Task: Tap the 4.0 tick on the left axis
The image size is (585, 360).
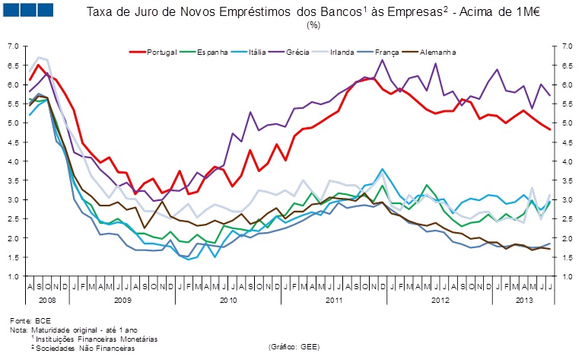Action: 12,161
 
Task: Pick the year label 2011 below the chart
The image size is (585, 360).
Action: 332,301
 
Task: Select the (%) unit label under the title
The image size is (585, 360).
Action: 313,24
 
